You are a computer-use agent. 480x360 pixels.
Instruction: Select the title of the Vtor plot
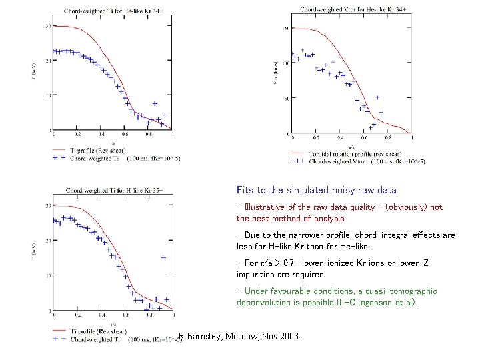344,9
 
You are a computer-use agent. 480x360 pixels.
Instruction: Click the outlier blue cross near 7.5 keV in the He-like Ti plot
155,104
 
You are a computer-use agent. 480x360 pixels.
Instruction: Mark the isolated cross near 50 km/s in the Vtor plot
377,98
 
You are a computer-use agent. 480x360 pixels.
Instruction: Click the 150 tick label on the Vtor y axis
285,29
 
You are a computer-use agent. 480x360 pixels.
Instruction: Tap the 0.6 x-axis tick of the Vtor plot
363,138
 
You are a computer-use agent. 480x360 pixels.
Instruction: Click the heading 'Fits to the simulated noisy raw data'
316,190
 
